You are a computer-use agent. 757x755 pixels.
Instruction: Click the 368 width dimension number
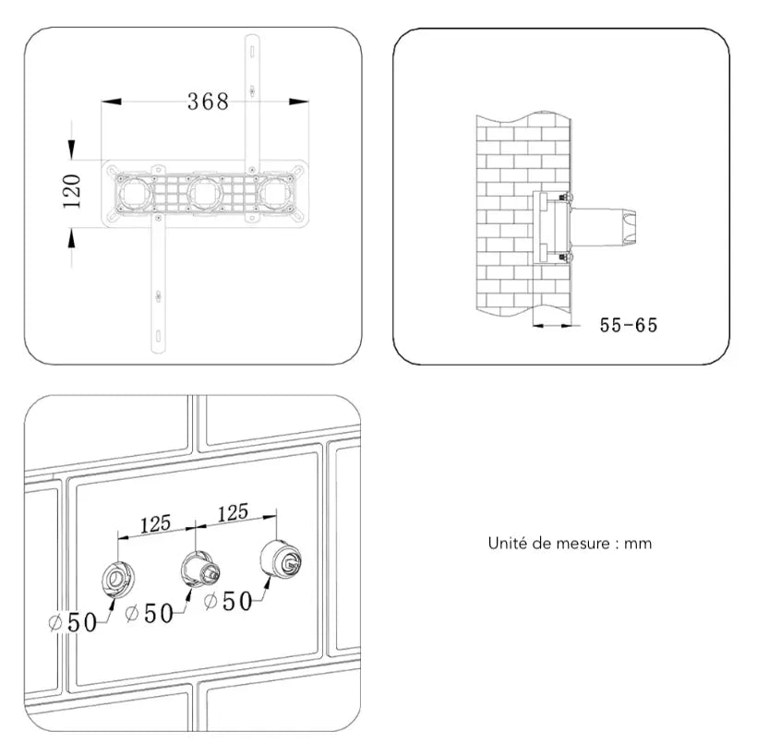[x=208, y=102]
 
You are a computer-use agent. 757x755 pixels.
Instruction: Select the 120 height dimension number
[x=73, y=191]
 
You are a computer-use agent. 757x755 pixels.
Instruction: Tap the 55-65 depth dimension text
[x=629, y=325]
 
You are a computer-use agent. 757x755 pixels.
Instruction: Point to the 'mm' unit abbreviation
[x=638, y=544]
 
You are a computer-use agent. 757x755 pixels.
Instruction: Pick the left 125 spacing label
[x=154, y=524]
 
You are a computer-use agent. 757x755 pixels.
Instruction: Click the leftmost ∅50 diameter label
[x=73, y=622]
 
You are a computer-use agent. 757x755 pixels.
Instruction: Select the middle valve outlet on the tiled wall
[x=197, y=566]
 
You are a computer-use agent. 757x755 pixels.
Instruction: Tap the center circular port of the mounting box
[x=204, y=193]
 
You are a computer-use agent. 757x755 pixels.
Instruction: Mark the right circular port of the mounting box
[x=277, y=193]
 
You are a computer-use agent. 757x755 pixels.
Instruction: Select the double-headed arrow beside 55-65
[x=553, y=325]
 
